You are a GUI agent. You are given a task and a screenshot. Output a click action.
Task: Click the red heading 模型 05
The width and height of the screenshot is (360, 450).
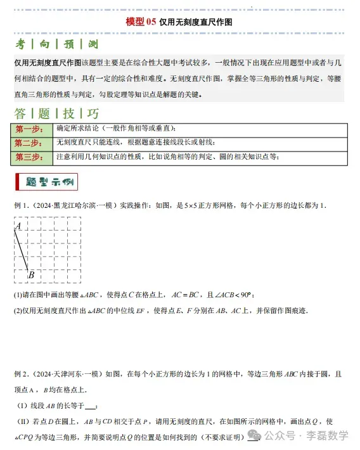[141, 21]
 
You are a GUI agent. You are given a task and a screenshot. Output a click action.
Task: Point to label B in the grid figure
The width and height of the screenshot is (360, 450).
[30, 274]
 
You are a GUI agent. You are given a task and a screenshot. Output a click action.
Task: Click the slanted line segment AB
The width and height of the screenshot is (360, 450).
[22, 250]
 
